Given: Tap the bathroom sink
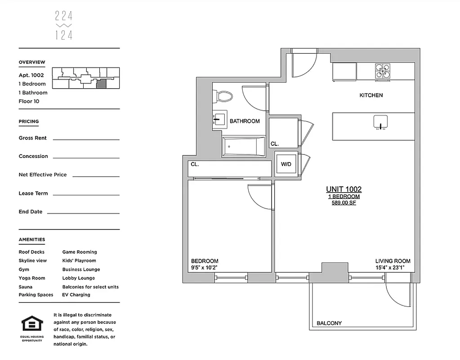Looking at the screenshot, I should click(220, 120).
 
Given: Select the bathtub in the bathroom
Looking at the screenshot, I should click(243, 147).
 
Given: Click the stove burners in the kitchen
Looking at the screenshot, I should click(383, 71).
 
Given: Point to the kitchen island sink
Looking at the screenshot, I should click(380, 121).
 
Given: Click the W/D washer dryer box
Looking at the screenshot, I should click(286, 164).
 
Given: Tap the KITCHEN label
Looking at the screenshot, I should click(371, 95).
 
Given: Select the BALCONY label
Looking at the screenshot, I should click(329, 323).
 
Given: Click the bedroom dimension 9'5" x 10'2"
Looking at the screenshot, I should click(205, 268).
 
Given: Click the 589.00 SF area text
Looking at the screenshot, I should click(344, 203).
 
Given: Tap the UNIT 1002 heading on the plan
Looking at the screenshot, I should click(344, 189).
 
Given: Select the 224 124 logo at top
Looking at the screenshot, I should click(64, 26).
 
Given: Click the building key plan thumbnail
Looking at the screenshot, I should click(85, 77).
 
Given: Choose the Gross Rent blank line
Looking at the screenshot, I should click(86, 139).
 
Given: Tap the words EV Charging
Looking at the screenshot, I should click(76, 295).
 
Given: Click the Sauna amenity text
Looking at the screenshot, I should click(25, 287).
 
